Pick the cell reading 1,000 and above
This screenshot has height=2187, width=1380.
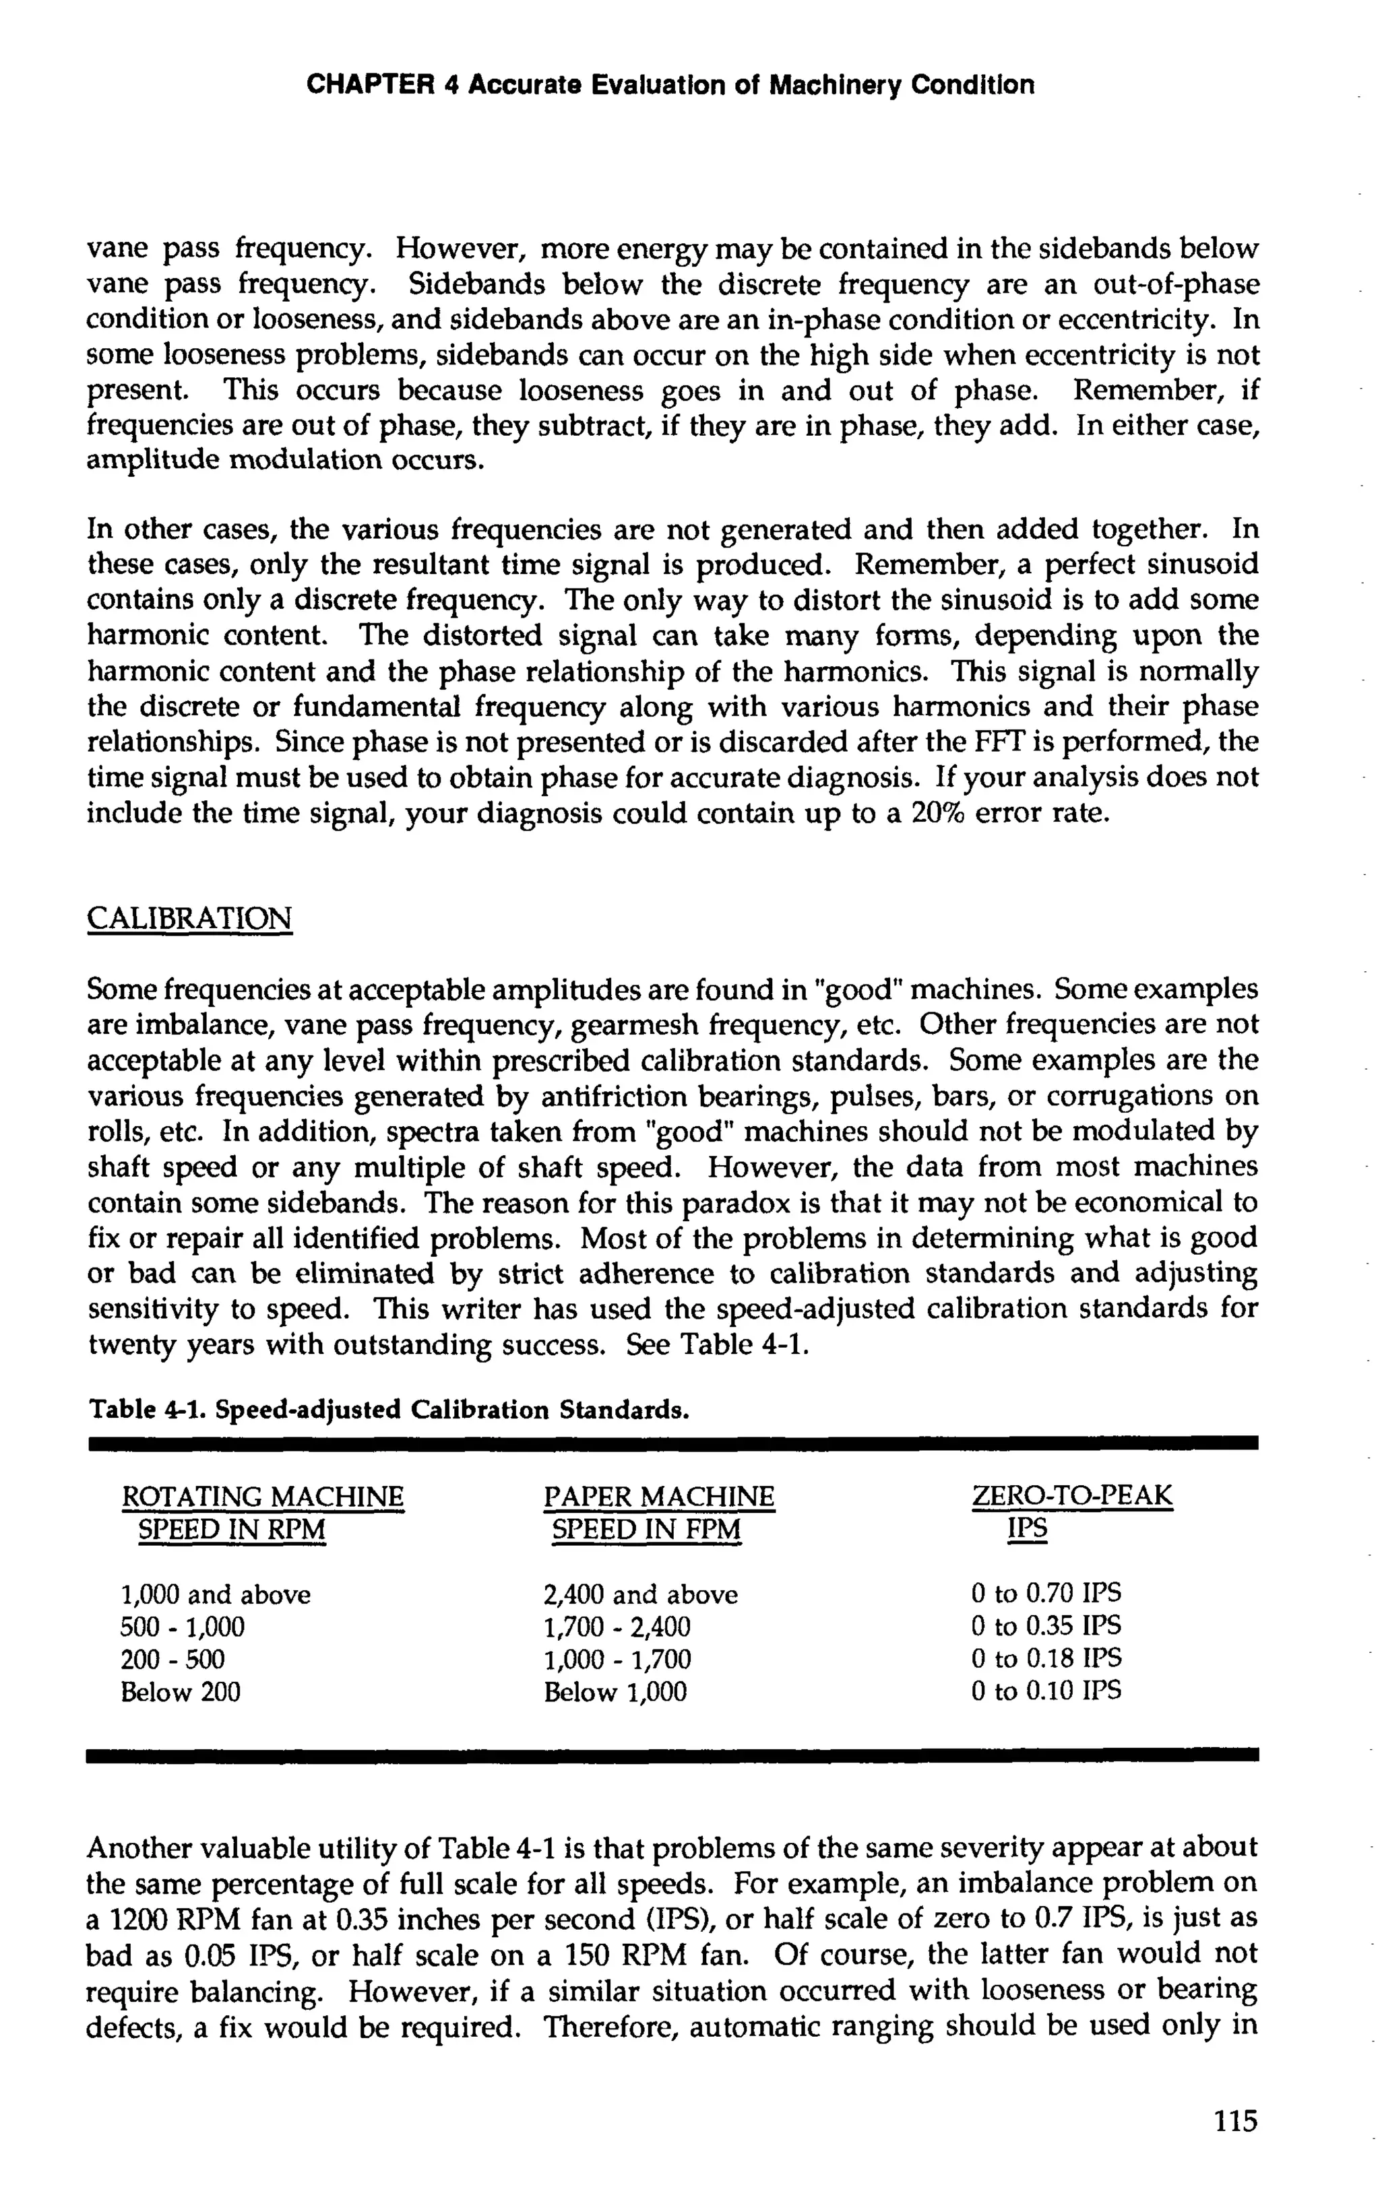(216, 1595)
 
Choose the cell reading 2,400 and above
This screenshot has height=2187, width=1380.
(641, 1595)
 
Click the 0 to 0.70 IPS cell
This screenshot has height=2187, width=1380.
(1046, 1593)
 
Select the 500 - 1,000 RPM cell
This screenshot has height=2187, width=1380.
(182, 1627)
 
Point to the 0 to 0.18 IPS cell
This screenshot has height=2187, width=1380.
(1046, 1658)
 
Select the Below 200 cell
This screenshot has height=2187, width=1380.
(180, 1692)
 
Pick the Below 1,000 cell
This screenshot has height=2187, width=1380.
(615, 1692)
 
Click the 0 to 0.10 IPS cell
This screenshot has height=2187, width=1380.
(1046, 1690)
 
